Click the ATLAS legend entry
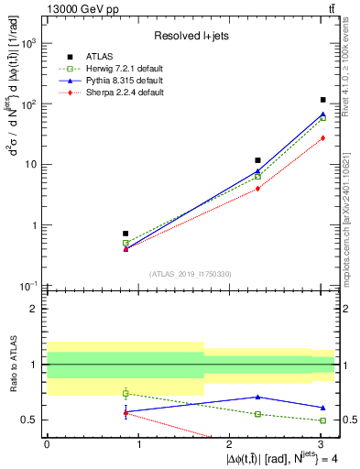pyautogui.click(x=103, y=57)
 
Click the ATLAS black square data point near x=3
pyautogui.click(x=323, y=100)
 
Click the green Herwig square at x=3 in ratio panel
pyautogui.click(x=323, y=420)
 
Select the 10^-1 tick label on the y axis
pyautogui.click(x=27, y=287)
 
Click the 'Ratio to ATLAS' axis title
pyautogui.click(x=10, y=365)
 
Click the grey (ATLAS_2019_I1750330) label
pyautogui.click(x=190, y=274)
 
